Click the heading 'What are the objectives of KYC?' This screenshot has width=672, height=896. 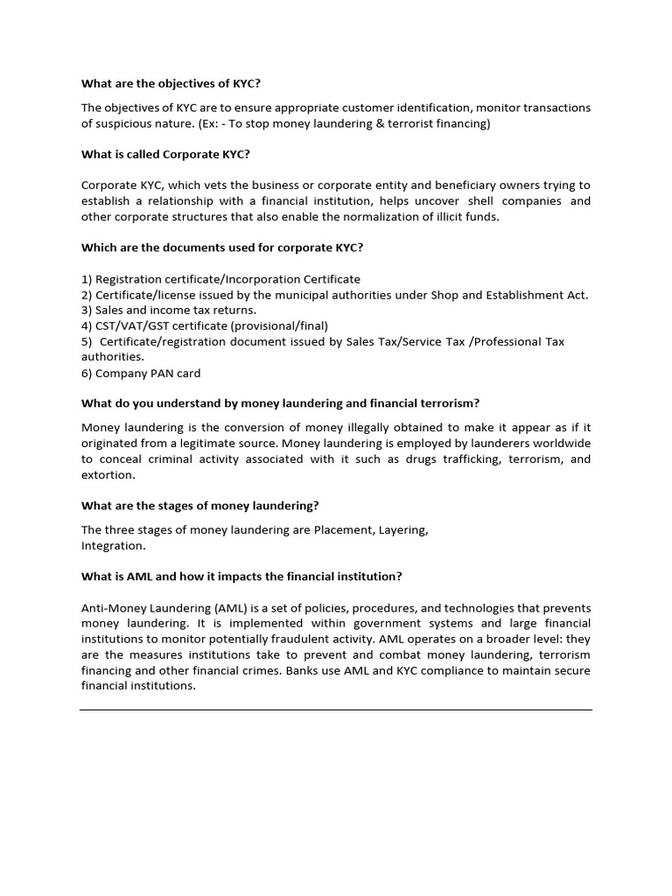(171, 84)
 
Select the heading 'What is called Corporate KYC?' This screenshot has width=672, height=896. (165, 154)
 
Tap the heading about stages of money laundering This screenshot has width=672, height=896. (200, 506)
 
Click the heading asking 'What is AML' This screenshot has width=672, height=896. (241, 576)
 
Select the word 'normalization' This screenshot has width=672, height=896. (367, 217)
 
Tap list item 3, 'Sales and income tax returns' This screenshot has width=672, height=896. (169, 310)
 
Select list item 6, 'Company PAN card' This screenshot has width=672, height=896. (141, 373)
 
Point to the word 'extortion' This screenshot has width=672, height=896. (108, 475)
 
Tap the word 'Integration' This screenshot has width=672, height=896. (112, 545)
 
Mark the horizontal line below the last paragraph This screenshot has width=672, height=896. (336, 710)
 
